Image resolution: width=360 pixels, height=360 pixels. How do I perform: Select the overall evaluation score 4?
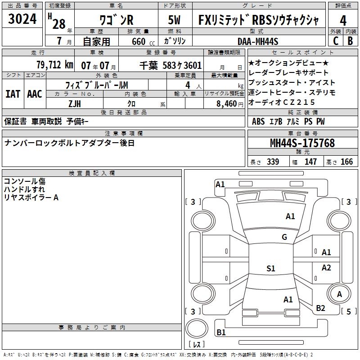pos(343,21)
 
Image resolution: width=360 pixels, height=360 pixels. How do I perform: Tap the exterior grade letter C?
pos(336,40)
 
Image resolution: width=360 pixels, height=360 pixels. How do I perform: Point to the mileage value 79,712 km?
pos(54,65)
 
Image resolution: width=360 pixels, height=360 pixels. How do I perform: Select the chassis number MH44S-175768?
pos(302,143)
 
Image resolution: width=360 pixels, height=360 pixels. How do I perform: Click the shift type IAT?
pos(13,94)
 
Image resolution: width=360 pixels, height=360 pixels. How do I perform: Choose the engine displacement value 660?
pos(138,41)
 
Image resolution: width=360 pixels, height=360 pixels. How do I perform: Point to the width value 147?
pos(310,162)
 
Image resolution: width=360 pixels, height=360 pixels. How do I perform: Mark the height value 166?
pos(346,162)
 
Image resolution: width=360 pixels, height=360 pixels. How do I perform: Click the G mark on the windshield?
pos(284,237)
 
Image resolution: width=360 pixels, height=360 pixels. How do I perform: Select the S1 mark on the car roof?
pos(270,269)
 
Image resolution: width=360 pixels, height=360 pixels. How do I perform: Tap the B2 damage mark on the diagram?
pos(320,308)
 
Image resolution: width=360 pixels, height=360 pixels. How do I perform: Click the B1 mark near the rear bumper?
pos(221,333)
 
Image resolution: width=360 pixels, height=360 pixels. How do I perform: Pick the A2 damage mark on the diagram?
pos(326,268)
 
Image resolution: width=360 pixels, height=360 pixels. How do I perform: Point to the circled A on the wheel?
pos(339,294)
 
